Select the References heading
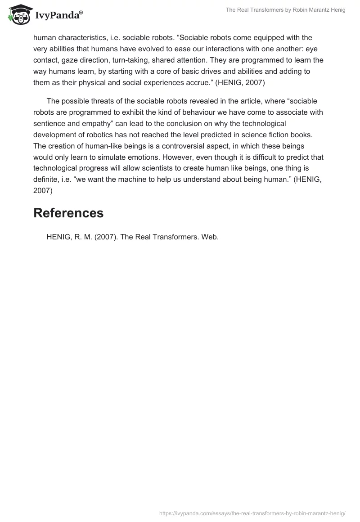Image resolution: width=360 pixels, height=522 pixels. tap(68, 213)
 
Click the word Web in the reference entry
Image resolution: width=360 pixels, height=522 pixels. tap(210, 237)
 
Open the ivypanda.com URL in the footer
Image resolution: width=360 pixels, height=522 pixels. tap(252, 513)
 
